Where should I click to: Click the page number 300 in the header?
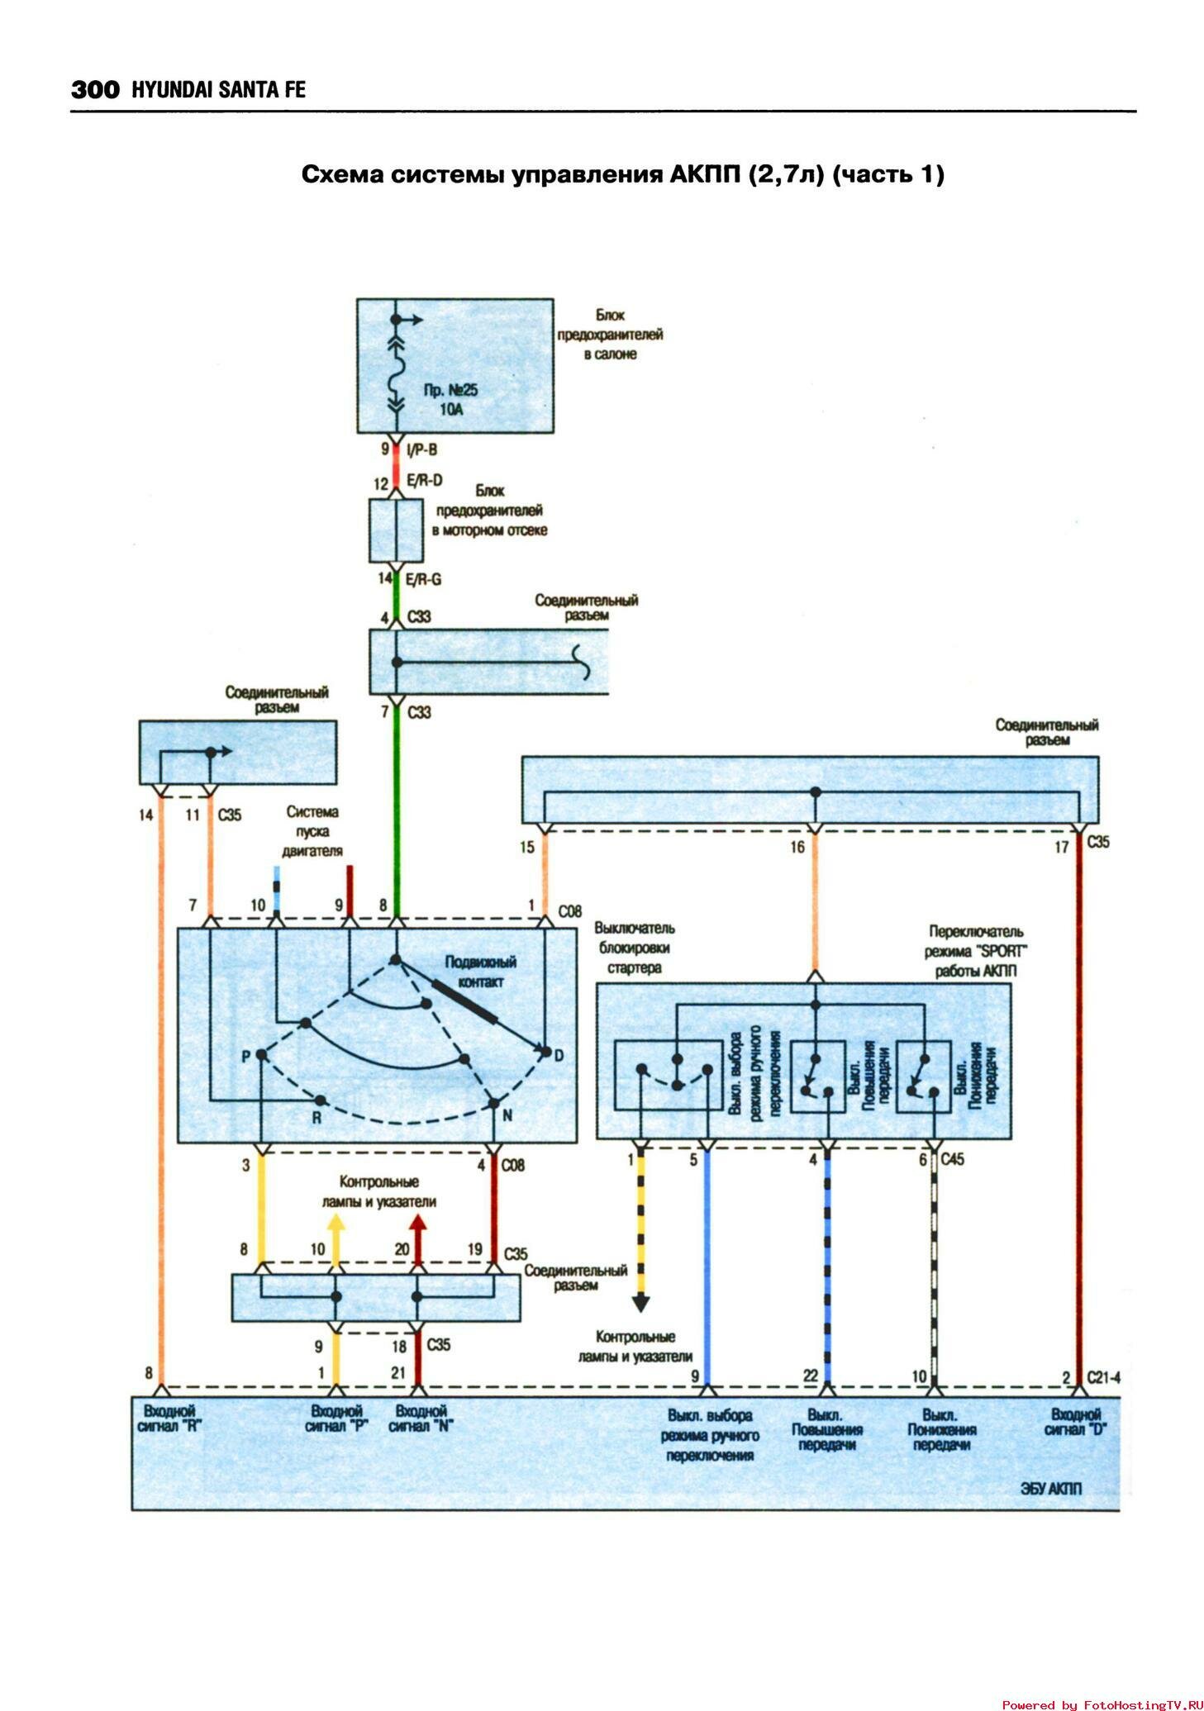(x=95, y=89)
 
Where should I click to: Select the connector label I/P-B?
(x=421, y=449)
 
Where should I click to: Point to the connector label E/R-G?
(x=424, y=578)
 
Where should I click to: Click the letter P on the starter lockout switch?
(x=245, y=1056)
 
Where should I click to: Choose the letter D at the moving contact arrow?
(x=559, y=1055)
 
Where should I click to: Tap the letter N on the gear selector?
(x=507, y=1115)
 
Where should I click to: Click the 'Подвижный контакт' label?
(x=480, y=972)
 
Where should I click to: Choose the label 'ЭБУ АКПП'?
(x=1050, y=1489)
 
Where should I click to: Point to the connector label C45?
(x=953, y=1159)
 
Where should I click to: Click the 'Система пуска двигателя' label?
(x=312, y=831)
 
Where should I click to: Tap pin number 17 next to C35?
(x=1062, y=847)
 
